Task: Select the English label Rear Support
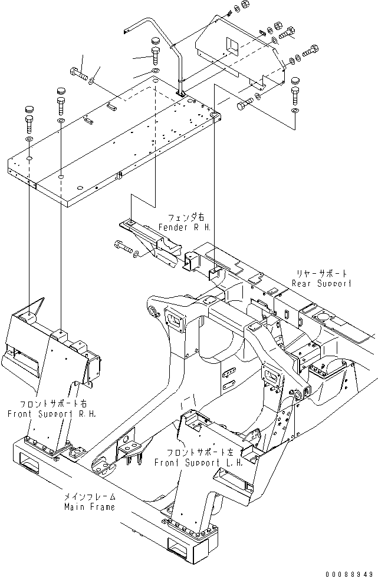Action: [x=322, y=283]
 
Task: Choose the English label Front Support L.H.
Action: [x=196, y=462]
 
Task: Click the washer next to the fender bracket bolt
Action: [x=137, y=254]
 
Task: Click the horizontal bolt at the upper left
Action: [x=79, y=74]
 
